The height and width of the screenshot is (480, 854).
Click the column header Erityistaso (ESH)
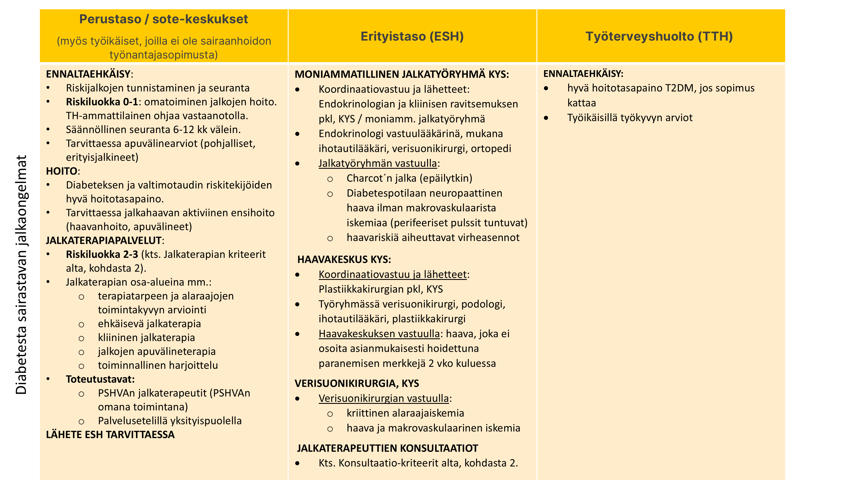412,36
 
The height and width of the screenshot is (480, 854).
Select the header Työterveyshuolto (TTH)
659,36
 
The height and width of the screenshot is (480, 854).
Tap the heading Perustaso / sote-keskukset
164,19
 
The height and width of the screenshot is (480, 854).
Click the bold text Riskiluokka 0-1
102,102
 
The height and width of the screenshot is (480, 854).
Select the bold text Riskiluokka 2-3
102,255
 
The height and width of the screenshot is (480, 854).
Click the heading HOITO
62,171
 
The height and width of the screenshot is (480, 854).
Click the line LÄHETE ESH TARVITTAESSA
110,435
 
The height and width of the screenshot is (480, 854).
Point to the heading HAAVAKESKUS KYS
344,259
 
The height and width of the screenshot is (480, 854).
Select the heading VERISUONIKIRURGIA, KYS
357,383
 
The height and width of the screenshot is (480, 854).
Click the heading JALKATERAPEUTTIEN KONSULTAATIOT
387,448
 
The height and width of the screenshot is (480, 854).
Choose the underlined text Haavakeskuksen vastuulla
379,334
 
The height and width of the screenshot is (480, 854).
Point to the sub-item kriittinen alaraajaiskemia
405,413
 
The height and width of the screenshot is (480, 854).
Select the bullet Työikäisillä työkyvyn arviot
630,118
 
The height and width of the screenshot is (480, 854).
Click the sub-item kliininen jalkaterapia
146,337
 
